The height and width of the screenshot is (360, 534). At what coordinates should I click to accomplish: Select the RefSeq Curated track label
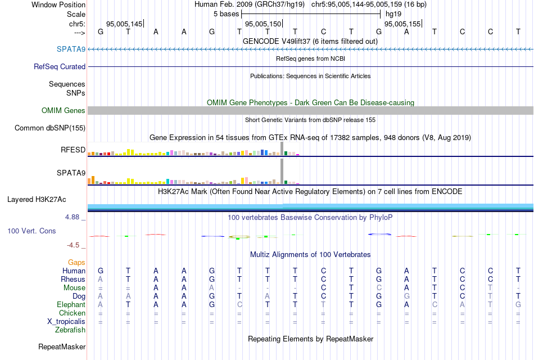tap(60, 66)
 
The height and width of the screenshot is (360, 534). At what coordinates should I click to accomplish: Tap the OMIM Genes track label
tap(64, 111)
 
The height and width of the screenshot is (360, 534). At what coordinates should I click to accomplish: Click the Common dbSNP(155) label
tap(50, 128)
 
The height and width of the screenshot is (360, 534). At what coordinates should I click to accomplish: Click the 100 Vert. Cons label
tap(31, 231)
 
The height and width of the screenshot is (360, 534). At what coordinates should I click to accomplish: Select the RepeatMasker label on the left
tap(62, 347)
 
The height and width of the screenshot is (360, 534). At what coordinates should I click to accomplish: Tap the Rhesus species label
tap(73, 279)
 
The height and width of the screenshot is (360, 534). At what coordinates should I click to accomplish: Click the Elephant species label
tap(71, 304)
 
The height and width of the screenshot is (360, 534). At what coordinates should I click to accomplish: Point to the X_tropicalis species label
tap(66, 321)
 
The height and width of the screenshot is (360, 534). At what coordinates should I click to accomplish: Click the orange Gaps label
tap(76, 262)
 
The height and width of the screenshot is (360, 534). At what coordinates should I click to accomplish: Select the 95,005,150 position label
tap(263, 24)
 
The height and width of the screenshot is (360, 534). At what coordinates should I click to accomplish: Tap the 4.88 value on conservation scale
tap(74, 216)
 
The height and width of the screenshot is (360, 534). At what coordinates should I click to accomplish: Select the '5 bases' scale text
tap(225, 13)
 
